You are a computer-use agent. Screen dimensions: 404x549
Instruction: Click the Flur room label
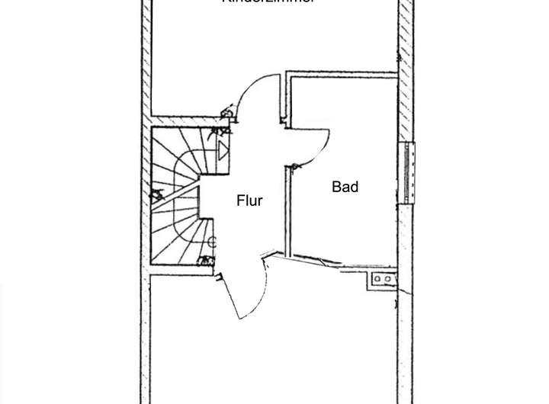249,201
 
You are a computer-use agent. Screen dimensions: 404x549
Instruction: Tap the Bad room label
345,187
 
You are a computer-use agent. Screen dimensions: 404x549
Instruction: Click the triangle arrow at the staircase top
223,149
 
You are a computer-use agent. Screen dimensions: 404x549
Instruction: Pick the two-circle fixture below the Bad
382,280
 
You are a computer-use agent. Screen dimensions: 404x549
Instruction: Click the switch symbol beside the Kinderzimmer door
226,114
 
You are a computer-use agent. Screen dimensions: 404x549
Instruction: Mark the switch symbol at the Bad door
294,165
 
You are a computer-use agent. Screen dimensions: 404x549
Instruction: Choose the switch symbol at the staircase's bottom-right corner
207,261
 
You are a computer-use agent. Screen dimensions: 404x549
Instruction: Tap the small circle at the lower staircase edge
212,242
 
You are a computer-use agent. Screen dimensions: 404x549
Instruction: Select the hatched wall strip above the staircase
183,120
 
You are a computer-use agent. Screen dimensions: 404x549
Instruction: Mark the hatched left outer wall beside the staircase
145,198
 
